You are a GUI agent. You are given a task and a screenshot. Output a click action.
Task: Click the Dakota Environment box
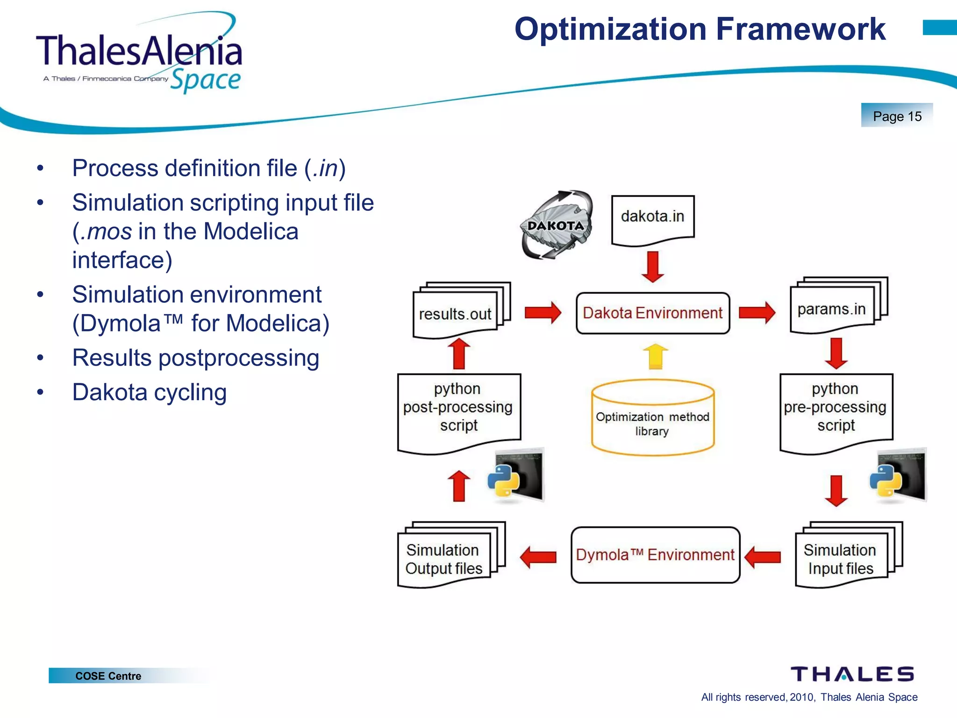point(652,313)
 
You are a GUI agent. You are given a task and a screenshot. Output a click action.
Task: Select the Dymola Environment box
point(655,555)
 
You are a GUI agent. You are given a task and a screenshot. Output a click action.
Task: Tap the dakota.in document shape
point(652,218)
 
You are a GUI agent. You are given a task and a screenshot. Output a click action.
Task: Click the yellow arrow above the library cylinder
point(655,356)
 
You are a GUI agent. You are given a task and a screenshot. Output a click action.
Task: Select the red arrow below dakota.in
point(653,266)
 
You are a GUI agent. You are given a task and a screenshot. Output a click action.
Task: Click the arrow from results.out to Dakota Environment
point(543,313)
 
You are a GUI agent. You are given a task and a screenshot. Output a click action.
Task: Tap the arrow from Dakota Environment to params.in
point(757,312)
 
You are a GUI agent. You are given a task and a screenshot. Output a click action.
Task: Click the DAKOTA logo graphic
point(556,225)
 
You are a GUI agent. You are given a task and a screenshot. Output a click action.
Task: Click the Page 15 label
point(897,116)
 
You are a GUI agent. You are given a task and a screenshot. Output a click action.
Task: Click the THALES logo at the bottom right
point(852,674)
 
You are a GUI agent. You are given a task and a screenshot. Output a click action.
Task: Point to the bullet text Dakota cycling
point(150,392)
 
